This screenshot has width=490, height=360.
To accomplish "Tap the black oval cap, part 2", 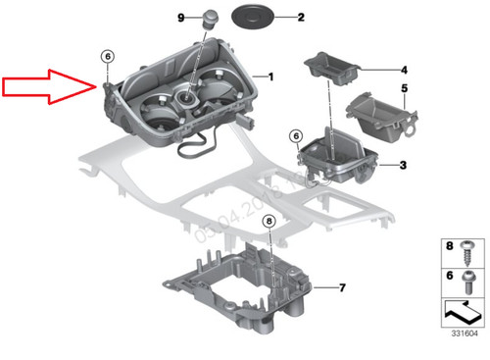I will point(252,17).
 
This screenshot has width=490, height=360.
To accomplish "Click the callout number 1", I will point(271,76).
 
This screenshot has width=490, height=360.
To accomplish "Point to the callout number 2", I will point(301,18).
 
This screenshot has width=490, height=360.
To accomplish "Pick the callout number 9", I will point(180,18).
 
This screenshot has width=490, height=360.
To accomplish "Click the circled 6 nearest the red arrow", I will point(107,58).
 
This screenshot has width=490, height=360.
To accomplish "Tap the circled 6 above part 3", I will point(296,134).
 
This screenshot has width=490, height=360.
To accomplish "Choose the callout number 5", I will point(403,89).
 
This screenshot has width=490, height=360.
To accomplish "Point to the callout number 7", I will point(342,287).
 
